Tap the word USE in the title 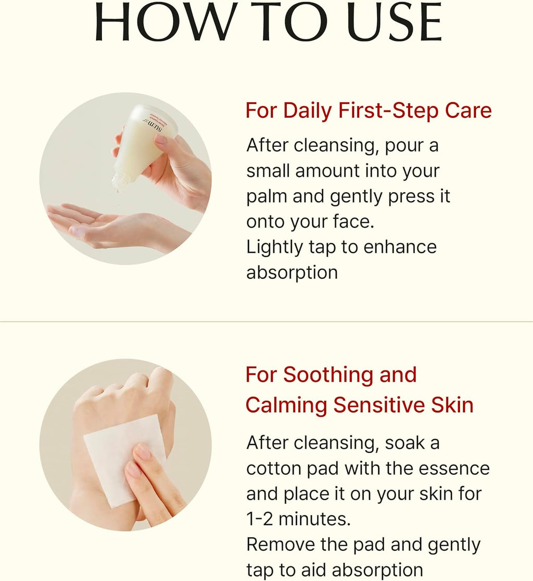pos(395,22)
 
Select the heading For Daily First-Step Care pos(369,111)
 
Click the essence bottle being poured pos(144,144)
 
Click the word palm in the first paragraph pos(266,197)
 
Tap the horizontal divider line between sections pos(266,322)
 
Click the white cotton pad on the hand pos(122,460)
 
